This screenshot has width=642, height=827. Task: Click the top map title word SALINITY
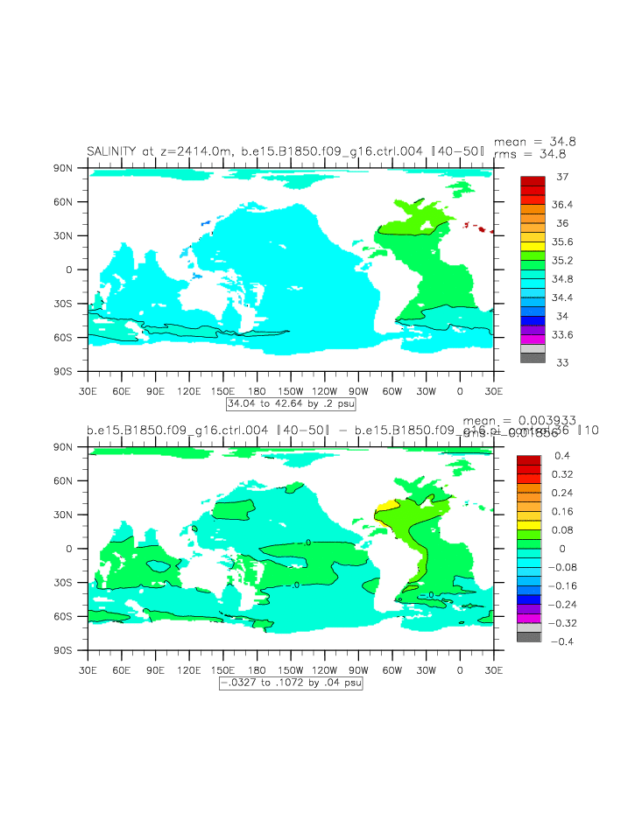point(110,151)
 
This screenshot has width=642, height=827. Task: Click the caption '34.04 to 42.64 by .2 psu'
point(291,404)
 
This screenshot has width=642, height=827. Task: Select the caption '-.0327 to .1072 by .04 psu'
point(291,683)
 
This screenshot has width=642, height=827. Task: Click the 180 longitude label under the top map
point(257,390)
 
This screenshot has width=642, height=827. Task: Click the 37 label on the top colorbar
point(563,177)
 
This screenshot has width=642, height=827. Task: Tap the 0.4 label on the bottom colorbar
point(561,456)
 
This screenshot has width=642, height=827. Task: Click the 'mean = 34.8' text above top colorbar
point(535,142)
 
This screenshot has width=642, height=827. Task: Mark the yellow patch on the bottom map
point(384,506)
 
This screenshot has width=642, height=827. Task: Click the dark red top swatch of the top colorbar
point(533,180)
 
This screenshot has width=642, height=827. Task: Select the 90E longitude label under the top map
point(155,390)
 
